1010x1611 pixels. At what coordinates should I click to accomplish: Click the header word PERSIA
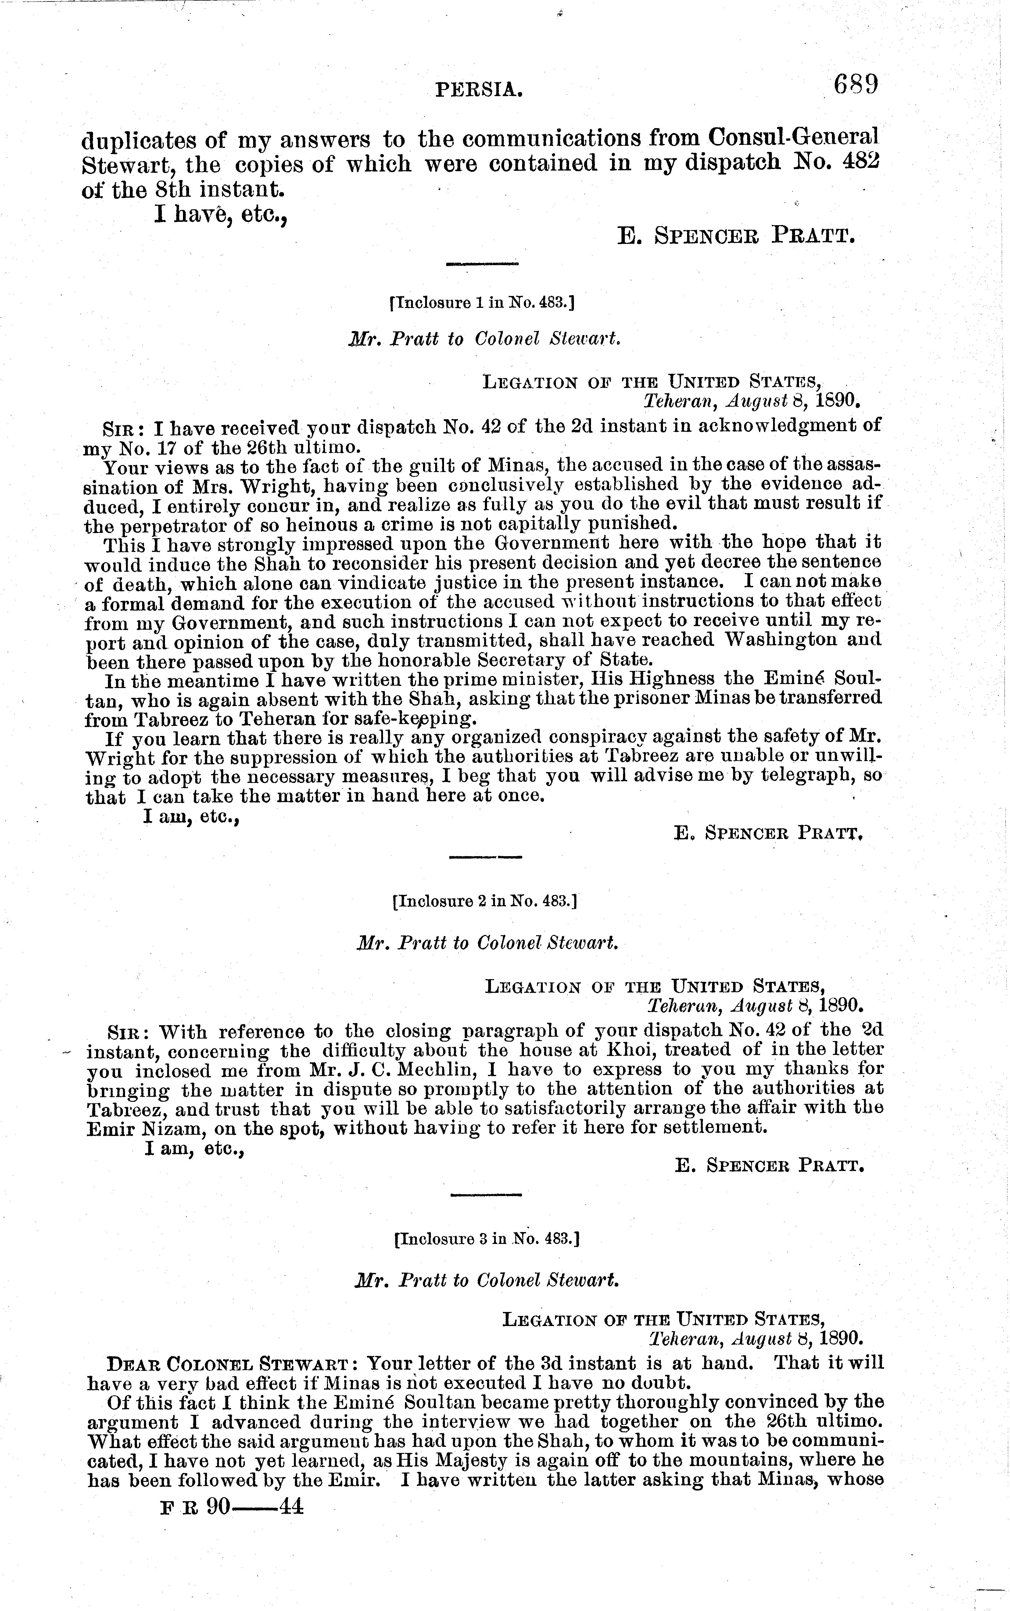pyautogui.click(x=478, y=89)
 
